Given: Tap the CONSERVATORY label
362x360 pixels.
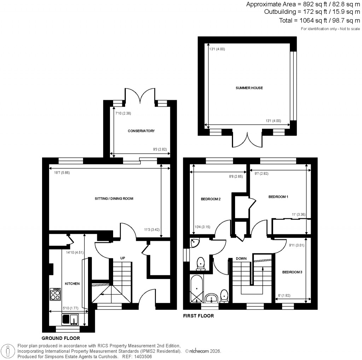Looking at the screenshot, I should (141, 131).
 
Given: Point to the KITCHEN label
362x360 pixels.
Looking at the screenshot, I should (72, 284).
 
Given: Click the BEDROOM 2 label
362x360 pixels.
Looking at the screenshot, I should (211, 199).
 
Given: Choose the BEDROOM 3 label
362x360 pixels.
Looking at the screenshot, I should (292, 272).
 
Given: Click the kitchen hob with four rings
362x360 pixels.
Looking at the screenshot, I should (55, 294).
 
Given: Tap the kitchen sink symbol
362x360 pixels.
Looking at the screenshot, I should (71, 320).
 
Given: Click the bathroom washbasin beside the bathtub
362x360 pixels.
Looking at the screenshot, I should (212, 298).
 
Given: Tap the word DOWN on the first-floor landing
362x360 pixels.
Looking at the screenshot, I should (241, 259).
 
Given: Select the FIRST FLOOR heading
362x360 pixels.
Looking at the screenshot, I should (198, 316).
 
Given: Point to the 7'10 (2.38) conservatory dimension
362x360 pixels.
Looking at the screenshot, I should (123, 114).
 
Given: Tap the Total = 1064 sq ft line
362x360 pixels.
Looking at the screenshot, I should (320, 20).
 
